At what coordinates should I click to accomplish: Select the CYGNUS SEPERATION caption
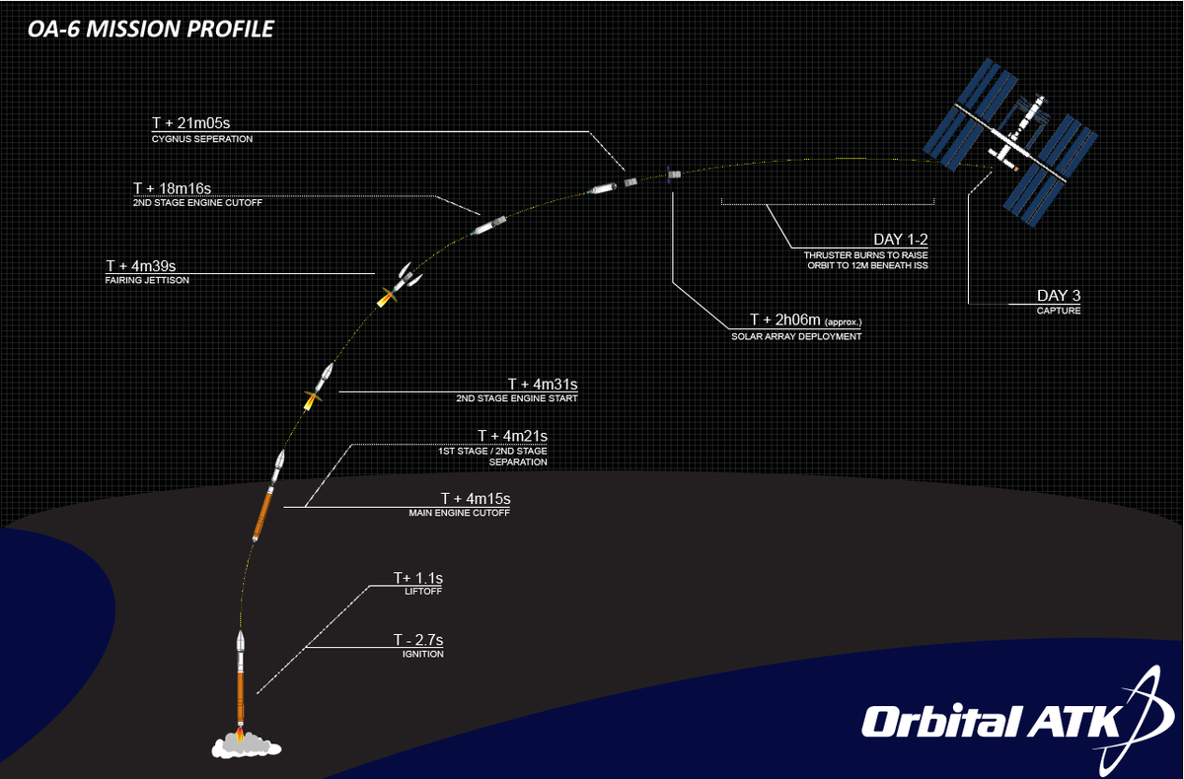tap(202, 140)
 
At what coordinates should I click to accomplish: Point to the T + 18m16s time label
tap(173, 187)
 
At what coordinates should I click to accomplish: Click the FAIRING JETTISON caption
tap(147, 280)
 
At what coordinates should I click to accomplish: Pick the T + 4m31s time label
tap(543, 384)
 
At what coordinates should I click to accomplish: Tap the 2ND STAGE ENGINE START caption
tap(517, 399)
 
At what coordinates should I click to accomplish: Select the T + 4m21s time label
tap(512, 436)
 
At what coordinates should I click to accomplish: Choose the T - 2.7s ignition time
tap(417, 639)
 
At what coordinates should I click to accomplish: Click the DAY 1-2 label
tap(902, 240)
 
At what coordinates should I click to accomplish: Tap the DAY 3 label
tap(1060, 295)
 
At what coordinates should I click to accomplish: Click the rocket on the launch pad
tap(240, 680)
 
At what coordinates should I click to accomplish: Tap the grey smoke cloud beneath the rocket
tap(239, 744)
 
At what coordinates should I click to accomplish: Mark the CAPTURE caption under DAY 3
tap(1059, 311)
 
